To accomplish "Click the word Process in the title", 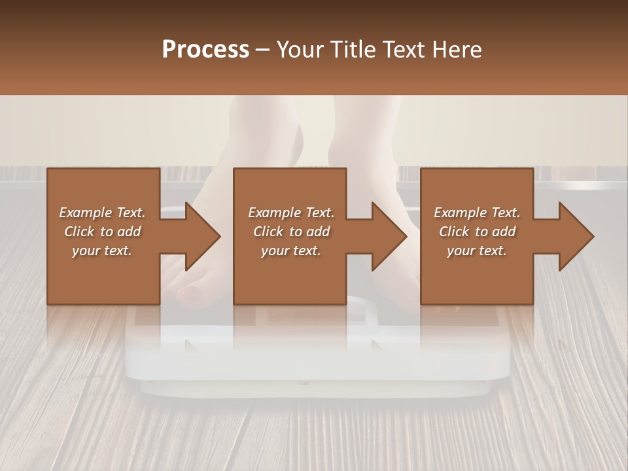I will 205,50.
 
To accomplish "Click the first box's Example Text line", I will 102,213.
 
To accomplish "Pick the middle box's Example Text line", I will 291,213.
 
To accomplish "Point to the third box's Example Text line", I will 477,213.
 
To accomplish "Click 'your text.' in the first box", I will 102,251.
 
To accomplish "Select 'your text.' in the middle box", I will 291,251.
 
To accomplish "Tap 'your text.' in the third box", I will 477,251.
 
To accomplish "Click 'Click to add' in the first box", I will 102,232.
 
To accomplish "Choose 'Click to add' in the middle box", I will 291,232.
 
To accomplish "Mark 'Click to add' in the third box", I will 477,232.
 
